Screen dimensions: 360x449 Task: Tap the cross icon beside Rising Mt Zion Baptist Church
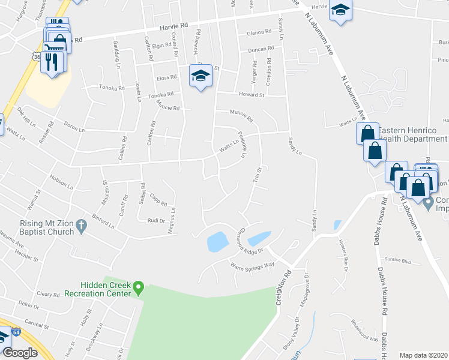[x=82, y=226]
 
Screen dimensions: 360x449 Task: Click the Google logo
[x=20, y=352]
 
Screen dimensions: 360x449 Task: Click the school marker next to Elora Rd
[x=201, y=76]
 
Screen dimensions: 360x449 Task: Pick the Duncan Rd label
[x=262, y=48]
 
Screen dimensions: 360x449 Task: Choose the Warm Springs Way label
[x=252, y=264]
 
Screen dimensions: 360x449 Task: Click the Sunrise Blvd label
[x=397, y=262]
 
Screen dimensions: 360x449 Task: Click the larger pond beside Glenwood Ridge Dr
[x=217, y=241]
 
